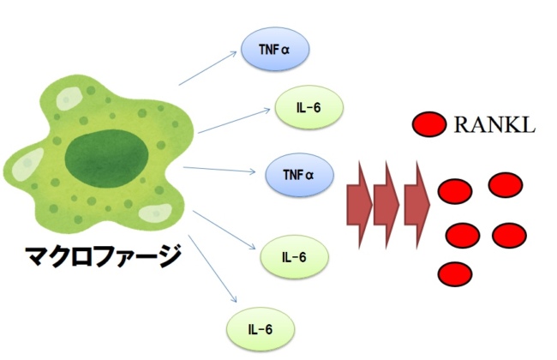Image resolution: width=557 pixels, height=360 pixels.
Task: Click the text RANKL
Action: [494, 126]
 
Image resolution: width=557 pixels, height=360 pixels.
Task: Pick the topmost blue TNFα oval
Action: [275, 50]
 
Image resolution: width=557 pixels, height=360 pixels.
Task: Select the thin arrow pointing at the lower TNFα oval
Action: [219, 170]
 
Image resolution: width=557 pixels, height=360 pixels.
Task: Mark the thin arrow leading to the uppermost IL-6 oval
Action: [231, 121]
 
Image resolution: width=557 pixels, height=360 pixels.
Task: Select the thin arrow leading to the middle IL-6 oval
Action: [225, 230]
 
